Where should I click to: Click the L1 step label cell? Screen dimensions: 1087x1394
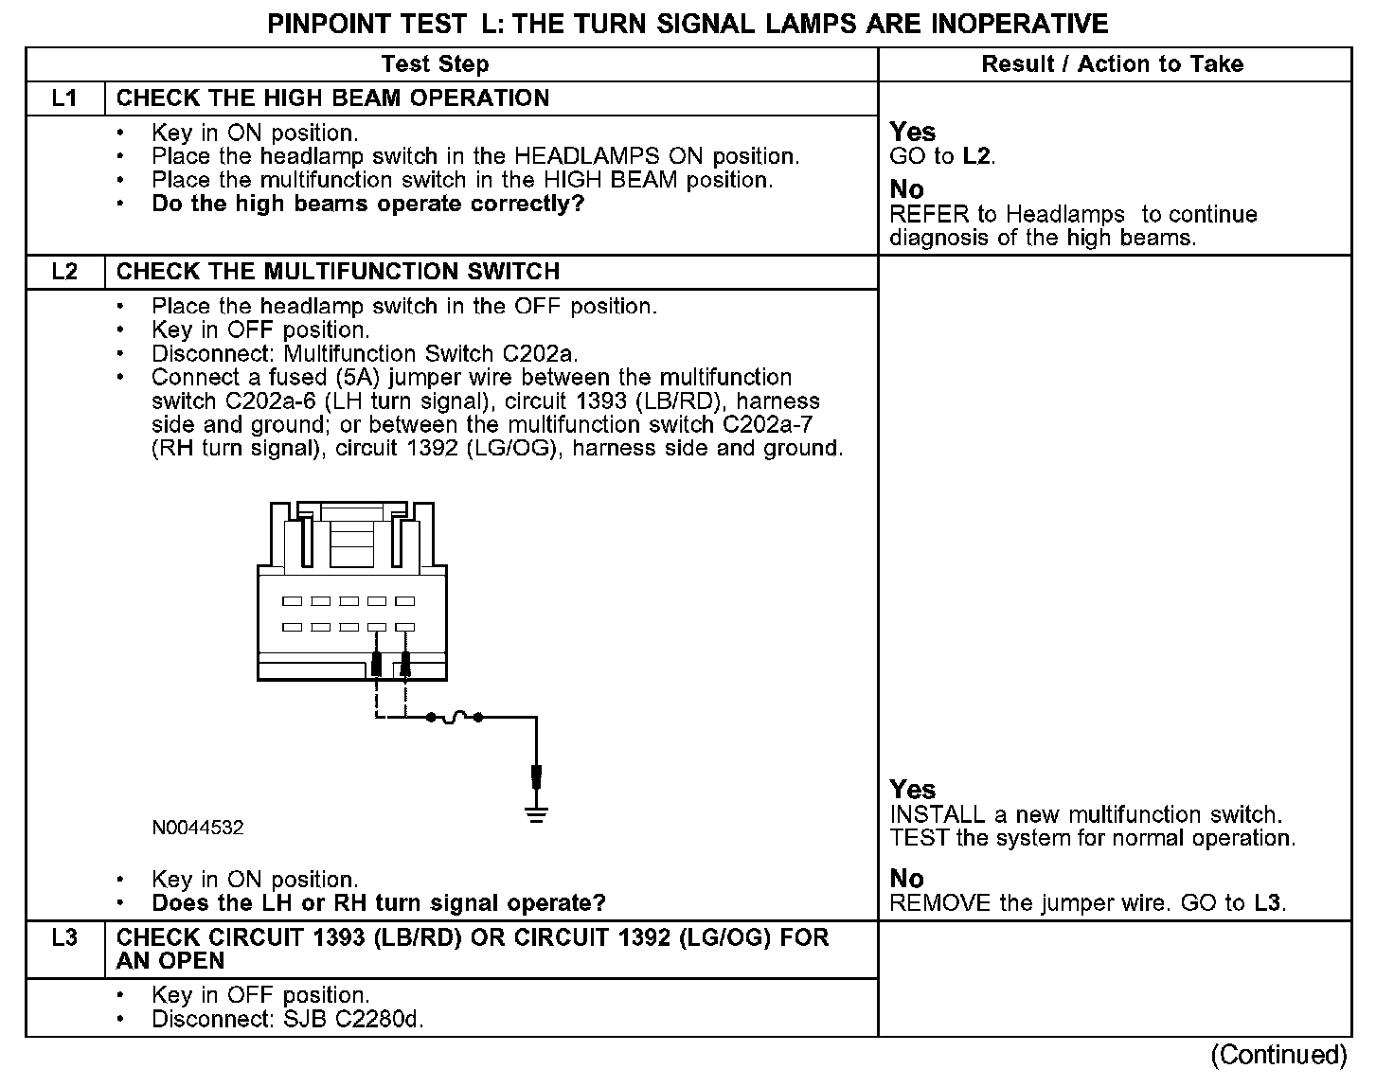(x=64, y=98)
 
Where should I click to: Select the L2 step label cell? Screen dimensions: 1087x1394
(x=64, y=272)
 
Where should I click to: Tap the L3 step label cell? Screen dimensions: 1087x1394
(x=64, y=938)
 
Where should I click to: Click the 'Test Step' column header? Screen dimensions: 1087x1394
(x=435, y=64)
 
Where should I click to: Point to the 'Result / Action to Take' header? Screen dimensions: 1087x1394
(x=1113, y=64)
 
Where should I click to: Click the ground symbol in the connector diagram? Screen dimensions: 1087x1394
(x=536, y=812)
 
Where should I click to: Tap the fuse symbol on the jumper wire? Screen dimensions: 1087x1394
(x=455, y=718)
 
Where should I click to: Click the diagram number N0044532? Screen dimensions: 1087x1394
(x=197, y=828)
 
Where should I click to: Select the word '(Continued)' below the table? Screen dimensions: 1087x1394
(x=1278, y=1055)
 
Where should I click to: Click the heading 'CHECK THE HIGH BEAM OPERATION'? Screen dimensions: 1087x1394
(x=332, y=98)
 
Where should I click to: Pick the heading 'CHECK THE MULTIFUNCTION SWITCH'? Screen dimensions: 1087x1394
(x=338, y=272)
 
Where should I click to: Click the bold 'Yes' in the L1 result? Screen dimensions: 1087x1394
(x=912, y=133)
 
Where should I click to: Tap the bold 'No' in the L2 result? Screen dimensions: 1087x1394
(x=906, y=879)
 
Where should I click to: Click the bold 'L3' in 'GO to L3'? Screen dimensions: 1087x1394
(x=1268, y=903)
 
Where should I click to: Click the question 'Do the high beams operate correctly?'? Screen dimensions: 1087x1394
(x=368, y=205)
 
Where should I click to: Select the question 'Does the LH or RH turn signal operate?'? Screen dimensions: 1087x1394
(x=379, y=903)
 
